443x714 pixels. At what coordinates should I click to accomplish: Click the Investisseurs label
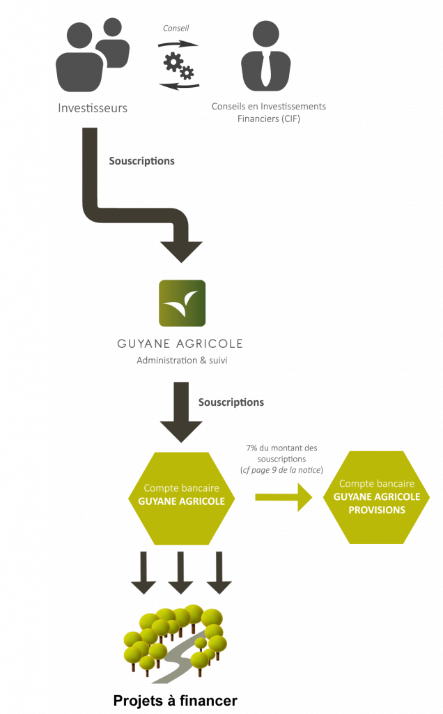coord(92,108)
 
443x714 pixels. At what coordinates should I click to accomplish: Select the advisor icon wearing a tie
coord(265,56)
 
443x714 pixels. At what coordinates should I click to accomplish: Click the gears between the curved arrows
coord(178,66)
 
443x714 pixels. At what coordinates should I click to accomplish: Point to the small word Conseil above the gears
coord(176,29)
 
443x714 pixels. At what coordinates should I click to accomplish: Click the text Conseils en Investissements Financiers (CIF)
coord(268,112)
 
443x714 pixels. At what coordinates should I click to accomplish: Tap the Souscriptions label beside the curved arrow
coord(141,161)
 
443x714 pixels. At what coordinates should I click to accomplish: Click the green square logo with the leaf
coord(182,303)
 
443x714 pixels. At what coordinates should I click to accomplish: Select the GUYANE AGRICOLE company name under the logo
coord(180,344)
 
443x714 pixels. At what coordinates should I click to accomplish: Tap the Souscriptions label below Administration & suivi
coord(231,402)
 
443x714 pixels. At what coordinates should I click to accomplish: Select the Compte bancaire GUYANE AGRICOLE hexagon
coord(181,498)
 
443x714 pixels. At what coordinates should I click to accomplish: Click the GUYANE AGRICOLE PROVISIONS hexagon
coord(376,496)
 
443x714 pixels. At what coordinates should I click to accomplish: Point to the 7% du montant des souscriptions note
coord(281,459)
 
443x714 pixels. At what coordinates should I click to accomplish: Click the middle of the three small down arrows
coord(181,572)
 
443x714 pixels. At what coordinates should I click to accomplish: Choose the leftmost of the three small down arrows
coord(143,572)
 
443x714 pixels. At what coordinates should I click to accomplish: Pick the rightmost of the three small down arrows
coord(218,572)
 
